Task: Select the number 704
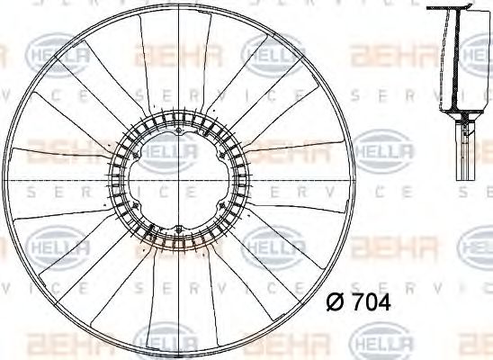point(370,303)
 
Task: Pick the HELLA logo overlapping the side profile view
point(477,55)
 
